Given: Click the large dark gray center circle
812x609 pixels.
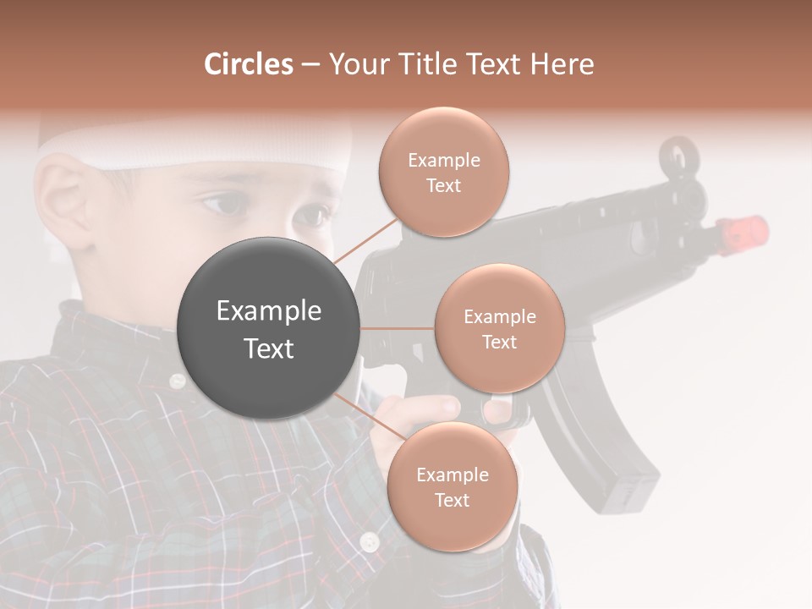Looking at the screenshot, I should [269, 328].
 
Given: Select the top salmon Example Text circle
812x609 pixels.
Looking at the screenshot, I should [443, 172].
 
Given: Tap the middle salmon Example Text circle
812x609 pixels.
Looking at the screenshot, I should [499, 328].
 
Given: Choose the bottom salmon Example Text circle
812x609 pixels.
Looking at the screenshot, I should [452, 486].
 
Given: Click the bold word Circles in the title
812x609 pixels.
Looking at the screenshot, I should [249, 64].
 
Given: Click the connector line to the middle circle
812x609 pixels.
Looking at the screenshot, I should [398, 328].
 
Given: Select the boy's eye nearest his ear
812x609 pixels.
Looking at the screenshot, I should [222, 203].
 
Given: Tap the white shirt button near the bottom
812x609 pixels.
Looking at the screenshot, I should [369, 541].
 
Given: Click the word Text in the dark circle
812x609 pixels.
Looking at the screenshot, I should [269, 348].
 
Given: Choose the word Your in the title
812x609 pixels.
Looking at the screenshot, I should [356, 64].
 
